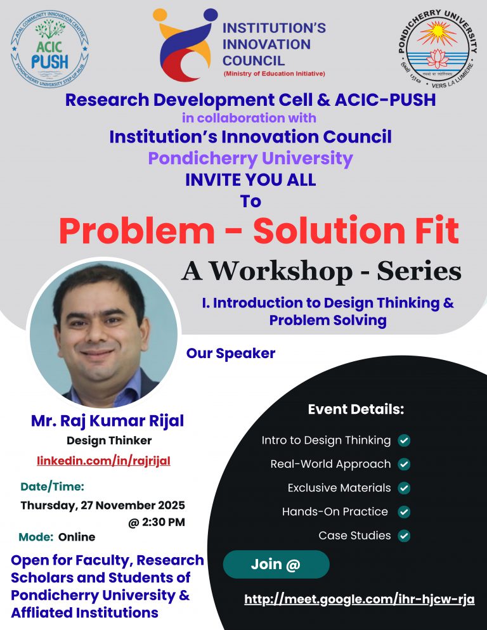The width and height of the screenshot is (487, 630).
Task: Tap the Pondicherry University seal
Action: pos(437,48)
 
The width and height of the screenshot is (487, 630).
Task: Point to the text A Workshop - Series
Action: pos(321,271)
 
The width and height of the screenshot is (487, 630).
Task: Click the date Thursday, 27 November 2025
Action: pos(103,505)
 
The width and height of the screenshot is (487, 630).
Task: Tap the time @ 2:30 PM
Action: pos(156,523)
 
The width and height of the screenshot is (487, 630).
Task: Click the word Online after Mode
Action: pos(77,537)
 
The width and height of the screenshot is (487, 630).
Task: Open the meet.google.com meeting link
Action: pos(359,600)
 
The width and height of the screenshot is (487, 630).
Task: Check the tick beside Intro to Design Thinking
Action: pos(403,440)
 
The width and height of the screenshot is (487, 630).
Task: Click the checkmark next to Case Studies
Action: pos(403,536)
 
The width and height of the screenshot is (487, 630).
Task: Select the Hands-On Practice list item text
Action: pos(335,511)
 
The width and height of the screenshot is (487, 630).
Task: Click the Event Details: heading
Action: pos(356,409)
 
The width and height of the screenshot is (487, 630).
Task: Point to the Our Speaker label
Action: pos(231,354)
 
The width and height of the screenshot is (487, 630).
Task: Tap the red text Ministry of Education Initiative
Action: pos(273,74)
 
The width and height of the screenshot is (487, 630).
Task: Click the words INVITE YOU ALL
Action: pos(250,180)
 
